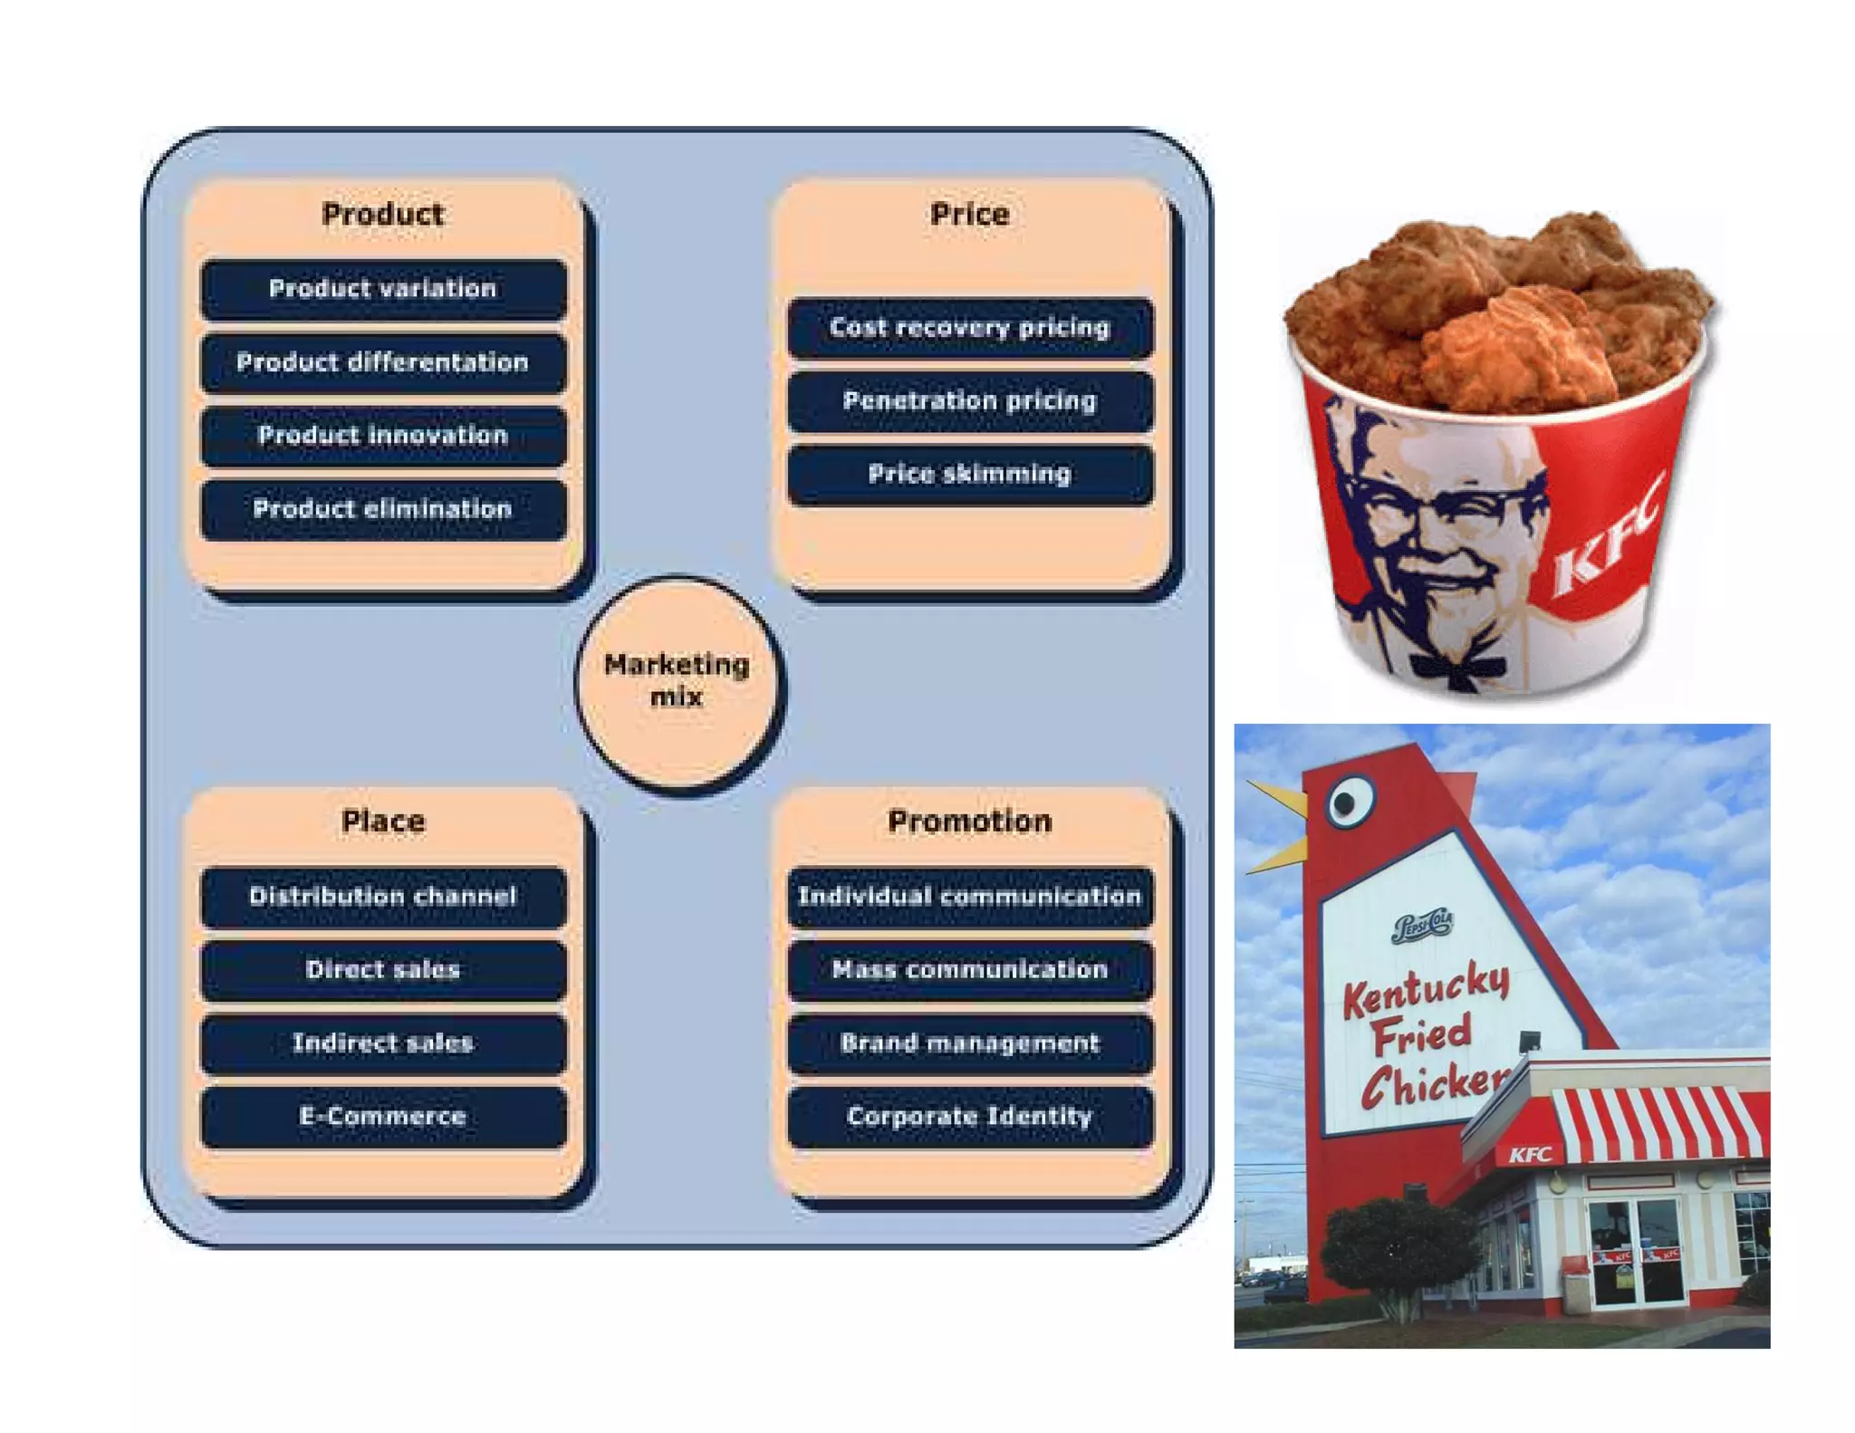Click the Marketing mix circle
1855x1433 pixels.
(x=678, y=682)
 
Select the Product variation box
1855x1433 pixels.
(x=383, y=289)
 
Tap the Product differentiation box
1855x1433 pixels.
(x=383, y=362)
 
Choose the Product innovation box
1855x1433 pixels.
(x=383, y=436)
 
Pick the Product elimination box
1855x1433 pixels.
(x=383, y=509)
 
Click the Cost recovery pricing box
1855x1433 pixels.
(x=970, y=327)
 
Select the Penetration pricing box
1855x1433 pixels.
(x=970, y=400)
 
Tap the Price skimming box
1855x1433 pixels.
(x=970, y=474)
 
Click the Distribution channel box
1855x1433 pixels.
(x=383, y=897)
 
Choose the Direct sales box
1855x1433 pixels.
(x=383, y=970)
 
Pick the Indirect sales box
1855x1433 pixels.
(x=383, y=1043)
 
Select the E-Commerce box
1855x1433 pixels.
(x=383, y=1117)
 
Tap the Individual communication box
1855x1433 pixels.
(x=970, y=897)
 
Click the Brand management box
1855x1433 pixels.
(x=970, y=1043)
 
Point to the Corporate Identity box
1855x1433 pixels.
(x=970, y=1117)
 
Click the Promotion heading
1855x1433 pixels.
(x=970, y=822)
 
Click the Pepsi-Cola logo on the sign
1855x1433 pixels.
(x=1422, y=926)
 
